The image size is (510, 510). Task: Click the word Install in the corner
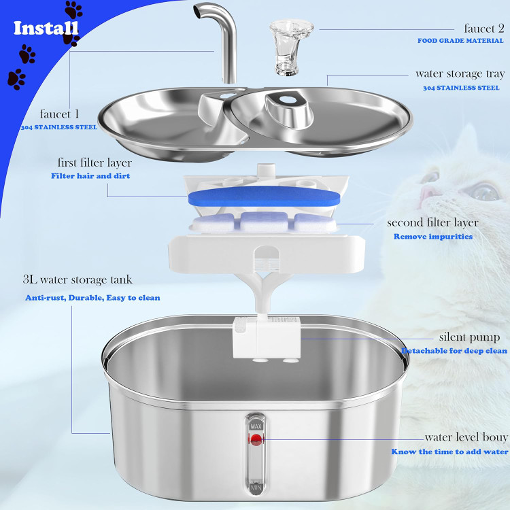[46, 28]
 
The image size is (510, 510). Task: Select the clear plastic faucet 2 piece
[290, 48]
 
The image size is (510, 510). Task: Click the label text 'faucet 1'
[60, 114]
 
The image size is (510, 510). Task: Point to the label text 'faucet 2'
[484, 29]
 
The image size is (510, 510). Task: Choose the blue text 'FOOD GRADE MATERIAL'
[460, 41]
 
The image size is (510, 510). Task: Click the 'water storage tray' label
[460, 74]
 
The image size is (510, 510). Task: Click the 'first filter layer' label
[95, 163]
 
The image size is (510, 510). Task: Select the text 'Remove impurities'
[433, 237]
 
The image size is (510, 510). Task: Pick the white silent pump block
[267, 337]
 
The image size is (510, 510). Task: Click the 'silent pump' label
[469, 337]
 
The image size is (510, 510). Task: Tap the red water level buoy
[256, 439]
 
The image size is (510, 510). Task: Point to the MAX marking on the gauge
[256, 426]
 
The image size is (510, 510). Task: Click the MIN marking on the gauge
[256, 488]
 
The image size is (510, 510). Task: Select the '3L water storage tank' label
[78, 279]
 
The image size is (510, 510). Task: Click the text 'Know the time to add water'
[449, 452]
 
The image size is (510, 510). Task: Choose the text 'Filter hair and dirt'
[90, 176]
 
